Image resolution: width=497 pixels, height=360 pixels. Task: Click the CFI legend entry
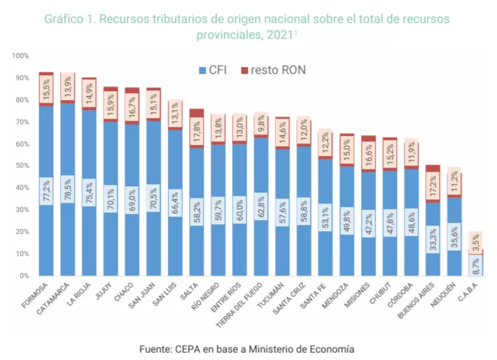tap(215, 70)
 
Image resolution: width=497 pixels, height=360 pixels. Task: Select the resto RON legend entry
tap(273, 70)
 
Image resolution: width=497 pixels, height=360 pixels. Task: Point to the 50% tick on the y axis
tap(21, 166)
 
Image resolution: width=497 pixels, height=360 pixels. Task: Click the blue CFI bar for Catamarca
tap(68, 228)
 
